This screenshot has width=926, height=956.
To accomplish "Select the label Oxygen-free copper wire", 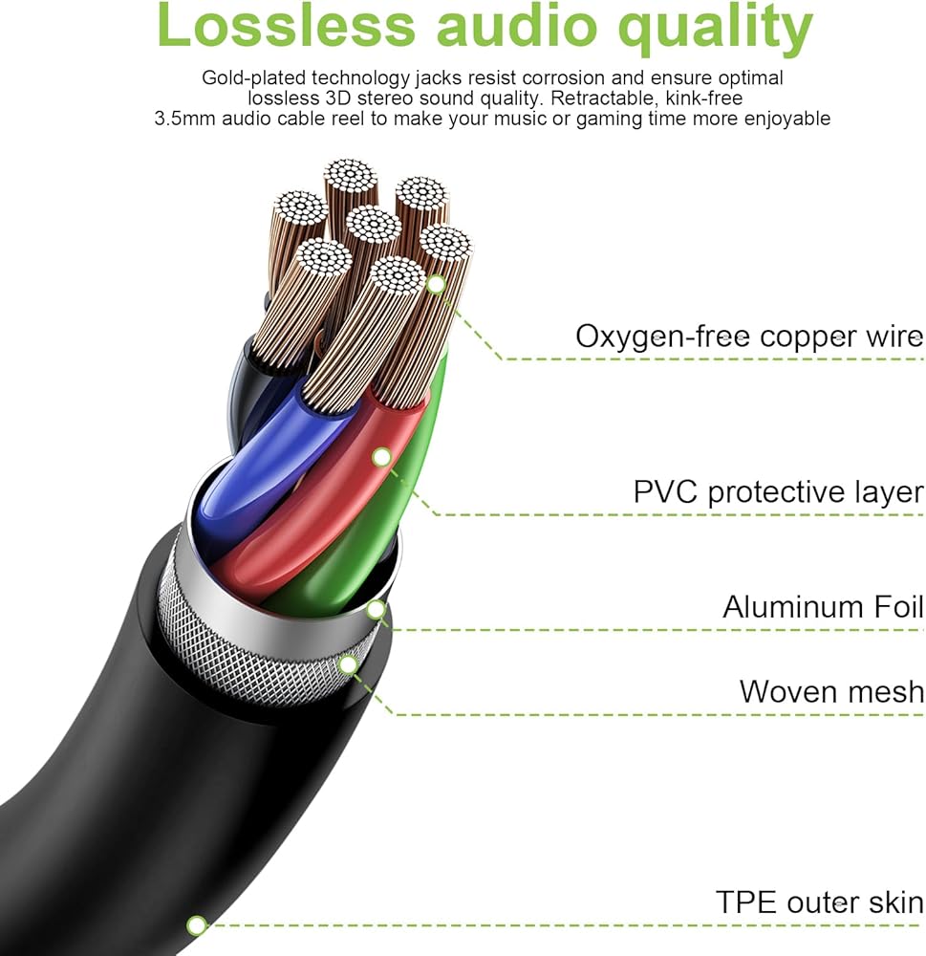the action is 749,337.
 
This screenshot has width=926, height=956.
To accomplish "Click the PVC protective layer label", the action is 778,492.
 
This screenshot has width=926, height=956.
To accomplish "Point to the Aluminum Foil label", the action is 823,607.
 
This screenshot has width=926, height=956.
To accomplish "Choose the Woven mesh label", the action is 831,691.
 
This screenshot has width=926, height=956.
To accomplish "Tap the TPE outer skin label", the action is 819,902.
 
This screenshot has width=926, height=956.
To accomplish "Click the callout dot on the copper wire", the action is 436,284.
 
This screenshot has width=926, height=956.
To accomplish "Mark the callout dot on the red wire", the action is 381,457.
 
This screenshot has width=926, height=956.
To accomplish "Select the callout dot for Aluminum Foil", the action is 377,608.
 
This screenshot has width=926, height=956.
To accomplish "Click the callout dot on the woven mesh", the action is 349,663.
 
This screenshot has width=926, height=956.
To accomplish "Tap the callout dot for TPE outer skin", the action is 197,924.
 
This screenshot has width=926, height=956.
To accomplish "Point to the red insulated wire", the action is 315,507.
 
